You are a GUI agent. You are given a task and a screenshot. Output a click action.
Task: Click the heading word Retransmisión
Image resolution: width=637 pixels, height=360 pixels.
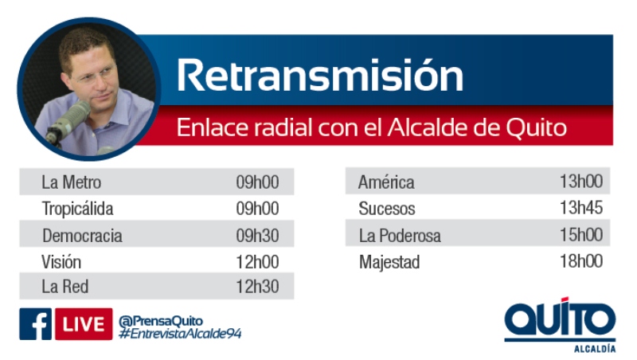click(320, 75)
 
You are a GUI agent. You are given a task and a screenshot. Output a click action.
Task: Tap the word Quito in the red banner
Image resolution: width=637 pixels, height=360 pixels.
click(536, 128)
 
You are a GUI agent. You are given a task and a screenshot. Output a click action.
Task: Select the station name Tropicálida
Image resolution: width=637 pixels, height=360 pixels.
click(77, 209)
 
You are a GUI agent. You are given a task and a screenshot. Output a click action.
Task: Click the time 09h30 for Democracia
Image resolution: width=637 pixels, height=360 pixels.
click(257, 236)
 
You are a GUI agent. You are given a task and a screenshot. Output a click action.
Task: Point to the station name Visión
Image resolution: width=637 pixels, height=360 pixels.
click(61, 262)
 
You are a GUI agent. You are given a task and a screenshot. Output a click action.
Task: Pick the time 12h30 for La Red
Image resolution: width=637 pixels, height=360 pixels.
click(257, 287)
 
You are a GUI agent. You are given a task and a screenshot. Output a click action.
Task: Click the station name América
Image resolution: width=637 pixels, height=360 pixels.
click(386, 182)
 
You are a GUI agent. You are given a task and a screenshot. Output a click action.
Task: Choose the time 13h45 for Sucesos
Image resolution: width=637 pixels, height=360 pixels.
click(581, 208)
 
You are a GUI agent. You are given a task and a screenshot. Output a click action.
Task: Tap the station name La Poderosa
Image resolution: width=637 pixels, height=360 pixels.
click(400, 236)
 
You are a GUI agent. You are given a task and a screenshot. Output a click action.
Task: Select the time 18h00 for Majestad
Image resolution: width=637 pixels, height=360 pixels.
click(581, 261)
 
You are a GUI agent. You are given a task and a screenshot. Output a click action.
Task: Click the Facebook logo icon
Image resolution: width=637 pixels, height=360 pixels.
click(35, 324)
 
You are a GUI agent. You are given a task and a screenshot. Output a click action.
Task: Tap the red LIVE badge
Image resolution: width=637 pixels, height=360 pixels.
click(84, 324)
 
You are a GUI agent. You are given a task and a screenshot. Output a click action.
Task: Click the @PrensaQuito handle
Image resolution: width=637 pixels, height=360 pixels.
click(161, 321)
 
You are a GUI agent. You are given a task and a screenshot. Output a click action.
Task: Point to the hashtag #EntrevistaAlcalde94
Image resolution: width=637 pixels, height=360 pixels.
click(180, 334)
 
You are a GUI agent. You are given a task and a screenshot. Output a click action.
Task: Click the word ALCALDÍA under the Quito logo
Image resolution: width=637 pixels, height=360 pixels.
click(595, 349)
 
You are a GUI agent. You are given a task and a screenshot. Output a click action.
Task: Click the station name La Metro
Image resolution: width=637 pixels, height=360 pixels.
click(71, 182)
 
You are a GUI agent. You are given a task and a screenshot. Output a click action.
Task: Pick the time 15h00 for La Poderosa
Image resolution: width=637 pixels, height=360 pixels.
click(581, 235)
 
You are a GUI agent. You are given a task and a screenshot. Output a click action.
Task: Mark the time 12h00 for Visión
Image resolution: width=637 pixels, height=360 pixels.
click(257, 262)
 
